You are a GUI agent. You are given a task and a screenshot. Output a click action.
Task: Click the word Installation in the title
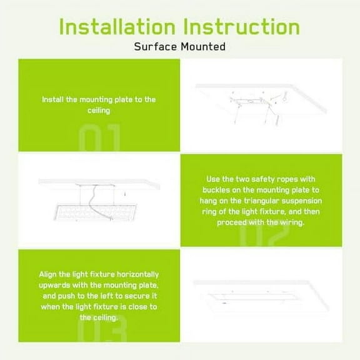point(117,27)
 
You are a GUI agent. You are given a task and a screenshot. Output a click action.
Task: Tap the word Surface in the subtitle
point(156,47)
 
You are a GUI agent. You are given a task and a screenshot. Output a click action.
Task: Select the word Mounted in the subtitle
point(203,47)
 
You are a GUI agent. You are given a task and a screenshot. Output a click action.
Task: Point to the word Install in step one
point(52,99)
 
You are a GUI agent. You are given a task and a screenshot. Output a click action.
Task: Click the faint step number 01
point(99,137)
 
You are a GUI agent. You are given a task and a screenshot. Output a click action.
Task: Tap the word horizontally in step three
point(137,274)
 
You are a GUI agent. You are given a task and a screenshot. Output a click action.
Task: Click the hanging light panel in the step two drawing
point(95,212)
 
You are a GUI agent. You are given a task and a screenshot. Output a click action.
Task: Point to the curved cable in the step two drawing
point(96,204)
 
